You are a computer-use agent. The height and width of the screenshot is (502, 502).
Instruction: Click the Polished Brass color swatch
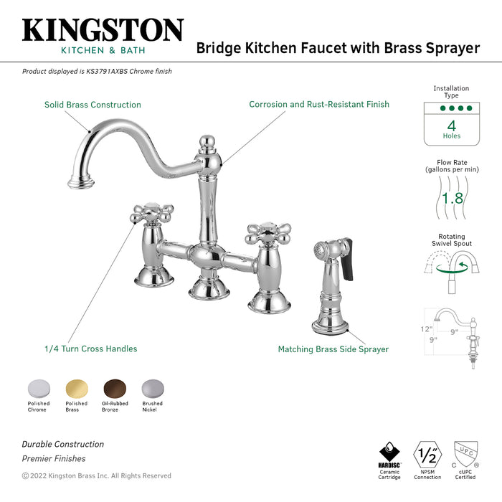coord(77,389)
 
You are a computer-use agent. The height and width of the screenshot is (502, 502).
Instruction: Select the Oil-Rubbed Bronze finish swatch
coord(115,389)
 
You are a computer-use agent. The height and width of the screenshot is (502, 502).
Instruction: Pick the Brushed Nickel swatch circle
coord(153,389)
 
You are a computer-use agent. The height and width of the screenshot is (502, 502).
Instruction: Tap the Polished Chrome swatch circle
coord(39,389)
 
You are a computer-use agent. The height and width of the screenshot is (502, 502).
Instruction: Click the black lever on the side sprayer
coord(346,260)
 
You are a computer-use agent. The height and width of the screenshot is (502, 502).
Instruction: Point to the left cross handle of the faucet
coord(152,213)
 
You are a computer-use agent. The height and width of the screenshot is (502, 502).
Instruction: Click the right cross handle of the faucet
coord(268,234)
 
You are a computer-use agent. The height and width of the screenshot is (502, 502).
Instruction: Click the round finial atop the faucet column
coord(207,141)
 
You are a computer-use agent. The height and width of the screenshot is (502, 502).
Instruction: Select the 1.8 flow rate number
coord(452,198)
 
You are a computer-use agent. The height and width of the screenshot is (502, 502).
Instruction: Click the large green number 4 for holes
coord(452,126)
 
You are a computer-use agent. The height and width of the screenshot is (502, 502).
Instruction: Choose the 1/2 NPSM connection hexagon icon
coord(427,455)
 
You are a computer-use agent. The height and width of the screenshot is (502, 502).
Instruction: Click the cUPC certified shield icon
coord(466,455)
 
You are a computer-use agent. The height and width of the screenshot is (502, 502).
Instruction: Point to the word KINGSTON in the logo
coord(103,30)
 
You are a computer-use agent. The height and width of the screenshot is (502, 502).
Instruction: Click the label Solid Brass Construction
coord(93,105)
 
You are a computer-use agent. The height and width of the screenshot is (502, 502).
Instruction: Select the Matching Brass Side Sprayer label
coord(333,349)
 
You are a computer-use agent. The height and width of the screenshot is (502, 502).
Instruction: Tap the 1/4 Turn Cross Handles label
coord(90,349)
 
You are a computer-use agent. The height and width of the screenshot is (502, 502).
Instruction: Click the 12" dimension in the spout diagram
coord(427,329)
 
